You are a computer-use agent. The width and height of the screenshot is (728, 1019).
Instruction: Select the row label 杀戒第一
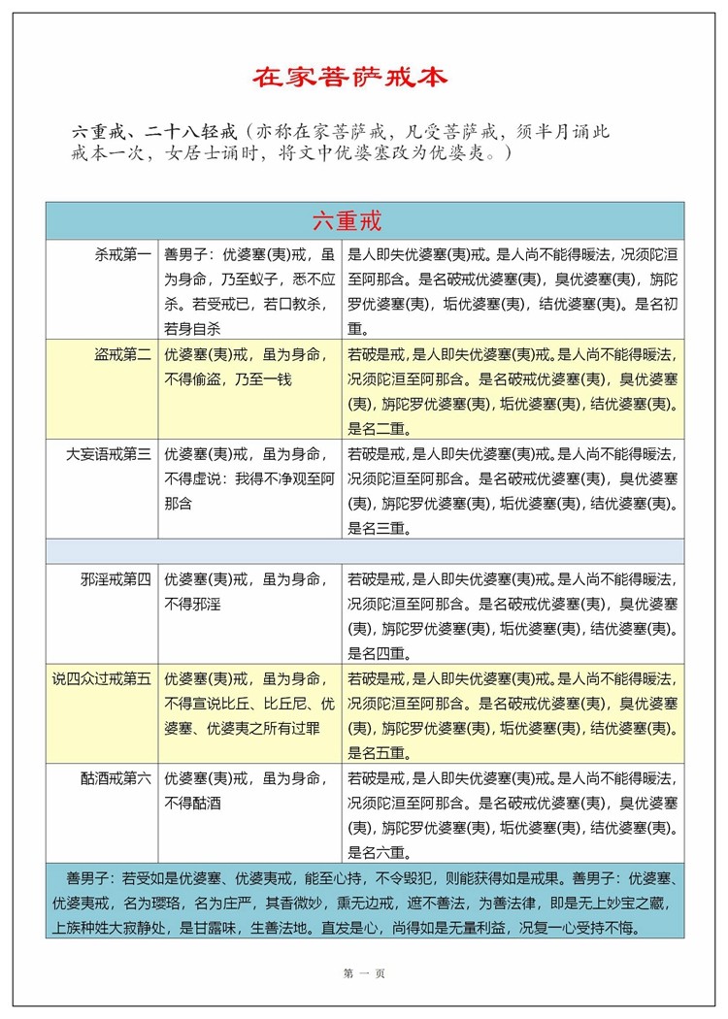pyautogui.click(x=123, y=255)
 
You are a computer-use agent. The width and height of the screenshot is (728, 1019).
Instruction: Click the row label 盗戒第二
pyautogui.click(x=123, y=354)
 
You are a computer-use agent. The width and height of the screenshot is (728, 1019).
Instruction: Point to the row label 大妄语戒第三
pyautogui.click(x=109, y=453)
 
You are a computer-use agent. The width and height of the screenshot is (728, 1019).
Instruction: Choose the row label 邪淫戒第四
pyautogui.click(x=116, y=579)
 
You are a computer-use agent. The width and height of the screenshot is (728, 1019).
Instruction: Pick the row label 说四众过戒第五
pyautogui.click(x=102, y=678)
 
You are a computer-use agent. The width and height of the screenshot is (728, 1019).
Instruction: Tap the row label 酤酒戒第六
pyautogui.click(x=116, y=777)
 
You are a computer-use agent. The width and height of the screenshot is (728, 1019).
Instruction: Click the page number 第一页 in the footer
pyautogui.click(x=365, y=973)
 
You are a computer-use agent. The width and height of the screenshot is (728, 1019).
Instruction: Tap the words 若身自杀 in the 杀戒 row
pyautogui.click(x=193, y=328)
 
